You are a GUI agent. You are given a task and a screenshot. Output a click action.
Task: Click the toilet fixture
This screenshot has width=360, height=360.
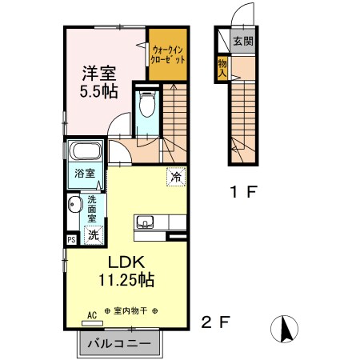click(146, 106)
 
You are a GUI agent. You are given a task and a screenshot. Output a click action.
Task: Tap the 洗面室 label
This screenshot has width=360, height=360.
click(92, 209)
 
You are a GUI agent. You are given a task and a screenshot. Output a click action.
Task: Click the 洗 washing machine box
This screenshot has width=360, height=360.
click(93, 235)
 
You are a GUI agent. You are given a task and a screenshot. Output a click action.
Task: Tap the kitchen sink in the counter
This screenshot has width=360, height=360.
click(145, 222)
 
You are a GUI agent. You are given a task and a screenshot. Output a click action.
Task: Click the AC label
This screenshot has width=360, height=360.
click(91, 315)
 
